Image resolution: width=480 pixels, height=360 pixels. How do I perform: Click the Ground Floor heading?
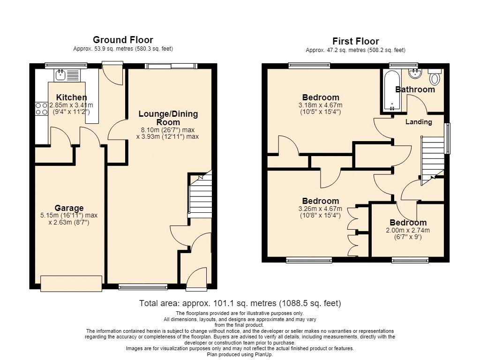tap(123, 40)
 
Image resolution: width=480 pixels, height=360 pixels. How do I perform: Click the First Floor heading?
tap(355, 41)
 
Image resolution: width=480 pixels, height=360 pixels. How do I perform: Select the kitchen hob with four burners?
tap(42, 109)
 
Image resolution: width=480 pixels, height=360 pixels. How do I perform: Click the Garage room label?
tap(69, 208)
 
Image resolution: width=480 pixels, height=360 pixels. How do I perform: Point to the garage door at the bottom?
tap(71, 284)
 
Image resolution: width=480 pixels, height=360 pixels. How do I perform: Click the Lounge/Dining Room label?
tap(168, 118)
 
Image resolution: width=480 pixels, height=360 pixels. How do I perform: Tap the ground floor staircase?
tap(200, 195)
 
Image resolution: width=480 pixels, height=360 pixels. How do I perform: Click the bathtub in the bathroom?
tap(391, 91)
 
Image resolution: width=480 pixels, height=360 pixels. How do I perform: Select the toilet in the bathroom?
tap(435, 77)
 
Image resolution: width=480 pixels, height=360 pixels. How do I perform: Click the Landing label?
tap(419, 122)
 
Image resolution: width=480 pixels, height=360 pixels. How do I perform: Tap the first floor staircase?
tap(433, 160)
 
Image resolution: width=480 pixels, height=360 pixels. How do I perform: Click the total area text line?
tap(240, 303)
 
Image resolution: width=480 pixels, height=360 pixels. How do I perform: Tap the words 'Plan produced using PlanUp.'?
tap(240, 354)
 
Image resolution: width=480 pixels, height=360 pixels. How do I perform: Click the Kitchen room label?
tap(71, 97)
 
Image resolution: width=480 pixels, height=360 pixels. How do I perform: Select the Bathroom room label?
tap(415, 90)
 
